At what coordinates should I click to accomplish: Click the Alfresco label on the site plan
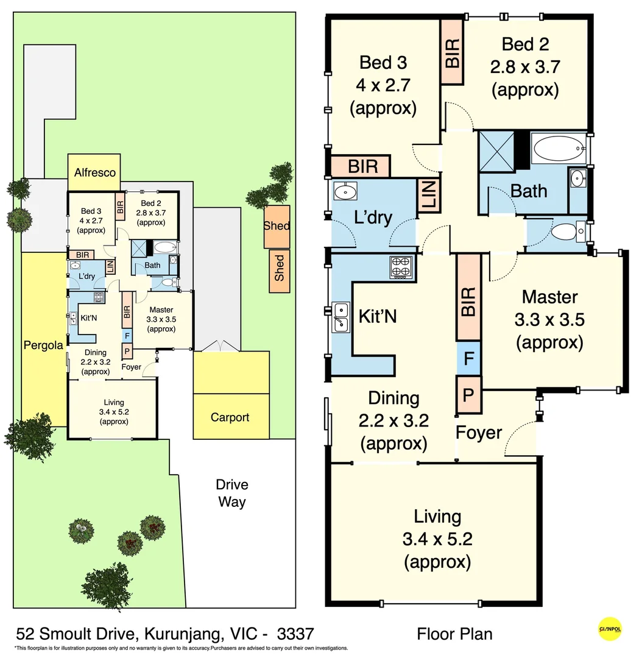[x=94, y=172]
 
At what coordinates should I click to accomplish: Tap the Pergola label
[x=43, y=345]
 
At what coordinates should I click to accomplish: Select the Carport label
[x=230, y=417]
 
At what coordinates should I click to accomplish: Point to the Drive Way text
[x=232, y=493]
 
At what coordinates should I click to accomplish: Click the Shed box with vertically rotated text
[x=279, y=267]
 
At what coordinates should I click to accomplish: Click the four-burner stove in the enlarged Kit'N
[x=401, y=267]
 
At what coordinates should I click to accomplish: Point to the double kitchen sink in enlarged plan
[x=341, y=317]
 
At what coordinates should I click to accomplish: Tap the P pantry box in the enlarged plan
[x=468, y=394]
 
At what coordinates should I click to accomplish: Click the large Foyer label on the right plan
[x=479, y=433]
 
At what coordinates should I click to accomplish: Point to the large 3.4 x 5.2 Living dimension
[x=437, y=539]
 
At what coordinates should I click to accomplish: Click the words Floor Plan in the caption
[x=454, y=634]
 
